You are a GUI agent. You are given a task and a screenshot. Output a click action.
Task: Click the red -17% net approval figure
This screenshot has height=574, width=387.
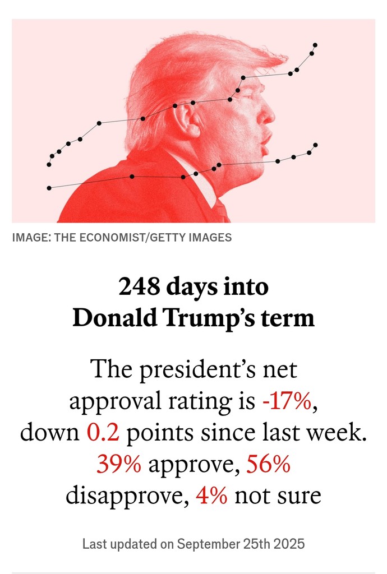(x=285, y=402)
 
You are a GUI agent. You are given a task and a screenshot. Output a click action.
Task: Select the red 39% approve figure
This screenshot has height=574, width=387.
(x=119, y=465)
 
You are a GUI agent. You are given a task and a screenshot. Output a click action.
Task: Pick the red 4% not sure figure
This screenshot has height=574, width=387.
(x=211, y=496)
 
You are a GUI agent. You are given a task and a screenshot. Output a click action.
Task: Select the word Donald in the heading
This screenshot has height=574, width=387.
(x=112, y=318)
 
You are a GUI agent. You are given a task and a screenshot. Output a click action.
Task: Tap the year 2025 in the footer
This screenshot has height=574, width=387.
(x=288, y=543)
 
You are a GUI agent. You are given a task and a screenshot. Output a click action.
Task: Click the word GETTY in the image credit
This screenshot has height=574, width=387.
(x=161, y=237)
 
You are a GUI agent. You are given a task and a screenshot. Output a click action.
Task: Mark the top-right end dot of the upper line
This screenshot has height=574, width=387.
(x=315, y=45)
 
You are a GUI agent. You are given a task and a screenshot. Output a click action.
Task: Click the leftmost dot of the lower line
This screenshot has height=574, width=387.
(x=49, y=188)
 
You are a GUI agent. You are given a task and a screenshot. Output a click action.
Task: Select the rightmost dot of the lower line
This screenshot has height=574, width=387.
(x=315, y=145)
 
